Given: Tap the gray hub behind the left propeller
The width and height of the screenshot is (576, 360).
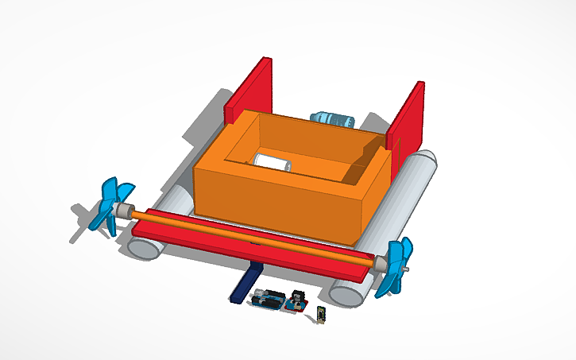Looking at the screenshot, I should (125, 211).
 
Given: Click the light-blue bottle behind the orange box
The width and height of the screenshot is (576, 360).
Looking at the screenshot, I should (333, 119).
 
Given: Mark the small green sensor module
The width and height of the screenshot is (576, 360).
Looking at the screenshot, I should (320, 315).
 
